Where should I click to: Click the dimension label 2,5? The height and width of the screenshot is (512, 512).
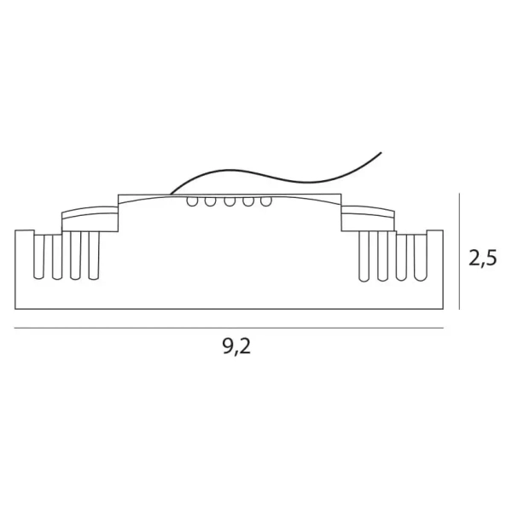point(482,258)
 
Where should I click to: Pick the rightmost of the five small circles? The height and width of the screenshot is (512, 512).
point(266,201)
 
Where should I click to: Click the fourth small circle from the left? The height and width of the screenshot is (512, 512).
point(248,201)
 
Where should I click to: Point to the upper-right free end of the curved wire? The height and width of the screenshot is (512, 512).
point(381,153)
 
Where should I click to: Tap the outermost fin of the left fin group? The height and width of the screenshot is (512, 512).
point(38,255)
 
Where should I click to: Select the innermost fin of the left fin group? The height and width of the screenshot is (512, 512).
point(94,255)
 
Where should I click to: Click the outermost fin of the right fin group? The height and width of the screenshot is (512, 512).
point(421,255)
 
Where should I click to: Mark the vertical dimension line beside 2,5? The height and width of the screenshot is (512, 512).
point(460,252)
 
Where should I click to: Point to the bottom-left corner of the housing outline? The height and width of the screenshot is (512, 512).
point(15,308)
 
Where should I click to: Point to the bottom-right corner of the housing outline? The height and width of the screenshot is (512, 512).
point(444,308)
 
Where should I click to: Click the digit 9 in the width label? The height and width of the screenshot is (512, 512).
point(229,347)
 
